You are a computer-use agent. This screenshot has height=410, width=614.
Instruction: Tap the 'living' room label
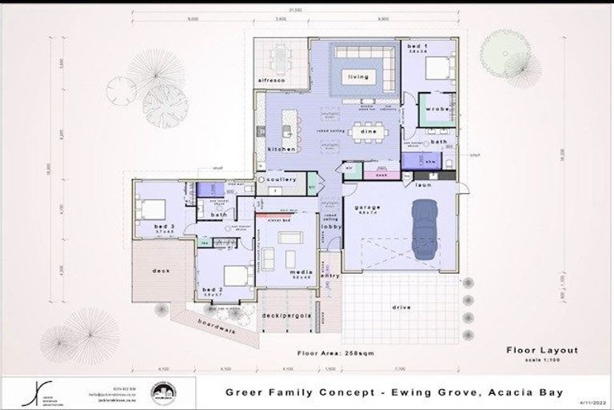click(x=357, y=78)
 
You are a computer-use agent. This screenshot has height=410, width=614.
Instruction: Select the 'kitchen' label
click(x=281, y=149)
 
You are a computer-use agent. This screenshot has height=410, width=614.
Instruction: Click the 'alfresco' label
click(x=272, y=81)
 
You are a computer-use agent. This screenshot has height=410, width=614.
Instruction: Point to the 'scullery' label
click(x=282, y=179)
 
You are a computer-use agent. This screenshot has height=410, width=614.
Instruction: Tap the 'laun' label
click(x=422, y=184)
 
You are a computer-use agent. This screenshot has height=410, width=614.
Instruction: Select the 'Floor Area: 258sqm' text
click(x=335, y=352)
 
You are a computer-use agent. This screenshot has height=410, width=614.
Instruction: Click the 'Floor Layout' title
click(x=541, y=350)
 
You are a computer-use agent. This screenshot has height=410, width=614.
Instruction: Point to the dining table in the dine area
click(x=369, y=130)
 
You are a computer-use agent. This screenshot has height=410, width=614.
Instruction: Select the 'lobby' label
click(x=331, y=227)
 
